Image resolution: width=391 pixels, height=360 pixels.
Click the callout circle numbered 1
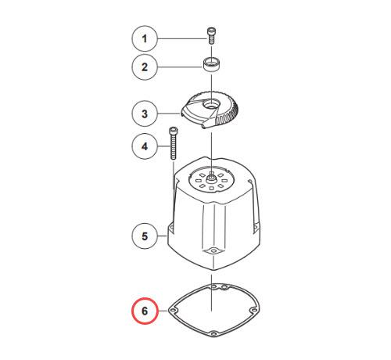[x=145, y=38]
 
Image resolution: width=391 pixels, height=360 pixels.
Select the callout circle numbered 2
[x=145, y=67]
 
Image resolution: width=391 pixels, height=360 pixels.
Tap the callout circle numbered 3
[x=145, y=113]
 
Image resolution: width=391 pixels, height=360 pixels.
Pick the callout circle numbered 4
[x=145, y=146]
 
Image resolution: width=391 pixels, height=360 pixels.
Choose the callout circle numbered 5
[x=145, y=236]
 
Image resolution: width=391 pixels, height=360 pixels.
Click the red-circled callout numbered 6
[x=145, y=311]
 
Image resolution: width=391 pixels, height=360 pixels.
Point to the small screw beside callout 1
[x=211, y=36]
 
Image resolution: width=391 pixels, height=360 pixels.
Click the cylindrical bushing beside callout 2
[x=211, y=66]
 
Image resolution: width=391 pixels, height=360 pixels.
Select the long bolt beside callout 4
[x=173, y=143]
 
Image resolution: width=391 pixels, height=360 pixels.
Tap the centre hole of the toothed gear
[x=210, y=105]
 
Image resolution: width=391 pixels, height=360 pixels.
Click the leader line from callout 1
[x=182, y=38]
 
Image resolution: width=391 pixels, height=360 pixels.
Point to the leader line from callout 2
[x=181, y=67]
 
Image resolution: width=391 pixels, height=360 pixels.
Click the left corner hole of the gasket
[x=173, y=311]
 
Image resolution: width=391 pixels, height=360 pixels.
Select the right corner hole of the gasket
[x=253, y=310]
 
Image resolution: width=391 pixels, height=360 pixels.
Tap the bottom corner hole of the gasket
[x=213, y=334]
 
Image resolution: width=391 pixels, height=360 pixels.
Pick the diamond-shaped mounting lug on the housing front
[x=214, y=251]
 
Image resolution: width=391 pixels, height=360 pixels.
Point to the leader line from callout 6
[x=163, y=311]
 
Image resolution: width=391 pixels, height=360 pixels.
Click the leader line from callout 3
[x=169, y=113]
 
